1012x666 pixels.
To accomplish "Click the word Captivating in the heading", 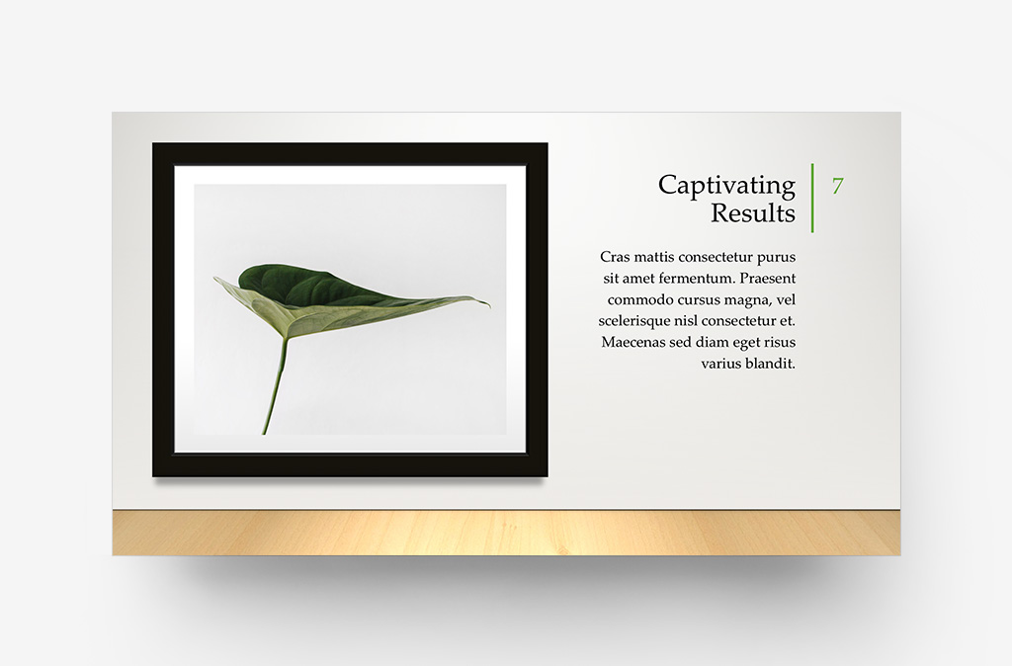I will pos(726,186).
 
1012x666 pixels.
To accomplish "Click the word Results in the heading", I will pos(753,213).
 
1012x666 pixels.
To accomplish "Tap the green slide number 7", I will pos(837,186).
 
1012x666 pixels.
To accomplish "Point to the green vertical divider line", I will pos(812,198).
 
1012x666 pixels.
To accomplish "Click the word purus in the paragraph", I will pos(775,257).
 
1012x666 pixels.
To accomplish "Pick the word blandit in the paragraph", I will pos(771,365).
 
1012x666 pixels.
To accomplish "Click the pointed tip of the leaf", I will pos(487,304).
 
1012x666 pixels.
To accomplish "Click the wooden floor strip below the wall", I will pos(506,533).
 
